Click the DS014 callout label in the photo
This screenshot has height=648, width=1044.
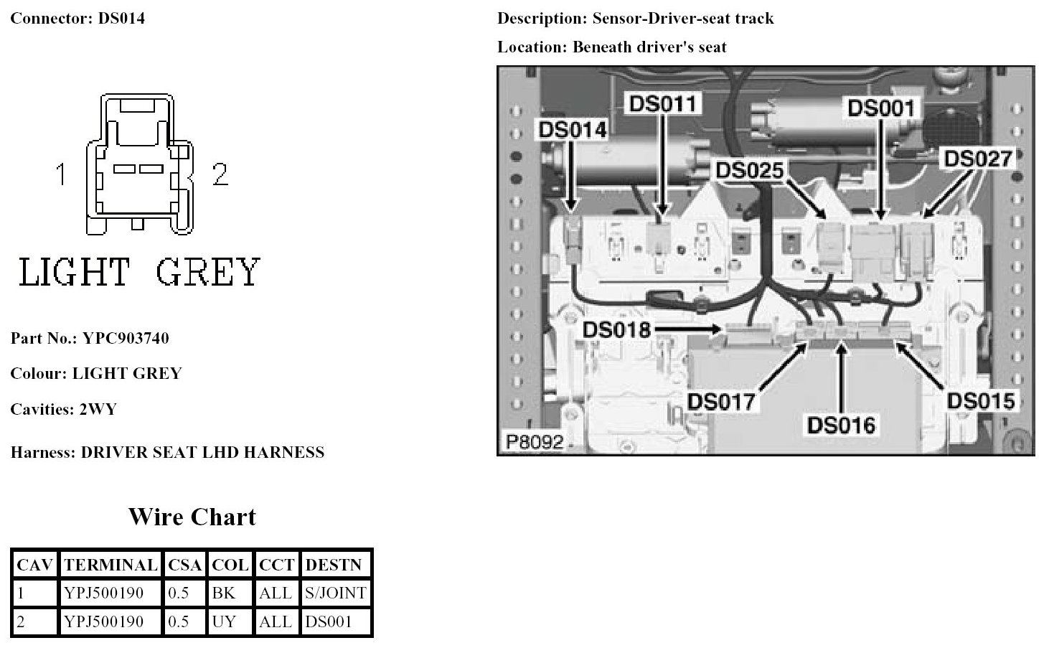coord(572,130)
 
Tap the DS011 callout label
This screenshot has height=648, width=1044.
coord(662,103)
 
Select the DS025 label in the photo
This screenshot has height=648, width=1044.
coord(750,170)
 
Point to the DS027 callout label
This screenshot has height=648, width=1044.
coord(977,159)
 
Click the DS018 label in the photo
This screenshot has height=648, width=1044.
coord(616,329)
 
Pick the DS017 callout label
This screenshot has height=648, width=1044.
coord(722,401)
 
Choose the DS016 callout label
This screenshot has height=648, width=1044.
coord(841,425)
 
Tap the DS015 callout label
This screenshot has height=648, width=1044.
coord(980,400)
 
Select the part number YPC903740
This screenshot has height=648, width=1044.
coord(126,338)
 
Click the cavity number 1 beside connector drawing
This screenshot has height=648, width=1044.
coord(62,174)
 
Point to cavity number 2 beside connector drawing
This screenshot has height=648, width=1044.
coord(220,174)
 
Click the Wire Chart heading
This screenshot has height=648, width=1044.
coord(192,517)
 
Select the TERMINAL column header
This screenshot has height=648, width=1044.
coord(110,565)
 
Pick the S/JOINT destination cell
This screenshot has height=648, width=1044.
coord(336,593)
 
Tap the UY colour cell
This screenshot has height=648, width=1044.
coord(224,621)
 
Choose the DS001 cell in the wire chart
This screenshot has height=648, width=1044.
coord(329,621)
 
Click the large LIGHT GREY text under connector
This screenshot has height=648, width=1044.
coord(139,272)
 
